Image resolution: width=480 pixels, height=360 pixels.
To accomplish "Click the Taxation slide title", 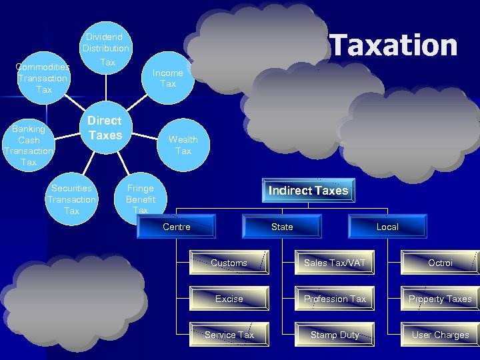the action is point(394,45).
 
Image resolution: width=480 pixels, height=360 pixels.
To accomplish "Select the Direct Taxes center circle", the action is point(105,128).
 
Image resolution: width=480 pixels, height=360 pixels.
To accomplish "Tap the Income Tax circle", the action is point(168,78).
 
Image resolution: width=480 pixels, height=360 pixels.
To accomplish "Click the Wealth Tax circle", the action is point(183,145).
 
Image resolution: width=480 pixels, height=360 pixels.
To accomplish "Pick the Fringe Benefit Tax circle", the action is point(141,198).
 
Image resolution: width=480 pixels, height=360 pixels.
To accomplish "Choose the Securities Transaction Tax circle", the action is point(71,199).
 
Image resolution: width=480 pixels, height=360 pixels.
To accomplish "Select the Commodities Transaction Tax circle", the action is point(43,78).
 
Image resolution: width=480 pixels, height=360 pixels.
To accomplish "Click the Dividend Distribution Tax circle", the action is point(106,49).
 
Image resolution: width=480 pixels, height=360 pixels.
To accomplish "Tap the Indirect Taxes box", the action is point(308,191).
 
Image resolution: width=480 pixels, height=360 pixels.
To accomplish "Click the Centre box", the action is point(177,227).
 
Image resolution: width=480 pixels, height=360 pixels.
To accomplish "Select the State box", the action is point(282,227).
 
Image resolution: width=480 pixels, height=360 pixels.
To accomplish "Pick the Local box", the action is point(387,227).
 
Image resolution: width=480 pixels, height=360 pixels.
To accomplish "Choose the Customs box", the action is point(229,263).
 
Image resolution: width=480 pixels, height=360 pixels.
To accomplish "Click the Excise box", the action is point(229,299).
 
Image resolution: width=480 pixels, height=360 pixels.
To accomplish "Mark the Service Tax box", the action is point(229,335).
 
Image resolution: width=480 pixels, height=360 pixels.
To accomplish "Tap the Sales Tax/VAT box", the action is point(335,263).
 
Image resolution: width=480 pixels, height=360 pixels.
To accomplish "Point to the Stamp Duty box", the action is point(335,335).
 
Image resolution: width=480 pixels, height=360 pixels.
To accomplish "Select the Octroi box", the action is point(440,263).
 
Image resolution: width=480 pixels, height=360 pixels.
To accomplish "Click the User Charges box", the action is point(440,335).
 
